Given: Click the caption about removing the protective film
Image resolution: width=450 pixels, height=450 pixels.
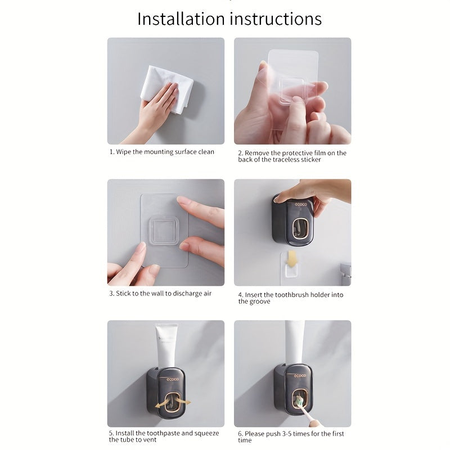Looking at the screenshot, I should pos(292,156).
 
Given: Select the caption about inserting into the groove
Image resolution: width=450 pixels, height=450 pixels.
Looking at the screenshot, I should pos(290,298).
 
